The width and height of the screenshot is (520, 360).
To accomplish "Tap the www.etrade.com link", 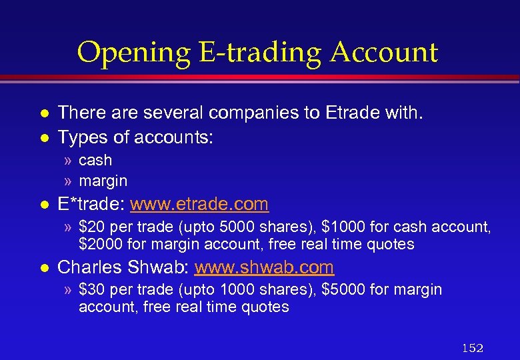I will [x=199, y=204].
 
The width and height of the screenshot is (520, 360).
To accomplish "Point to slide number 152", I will [x=472, y=348].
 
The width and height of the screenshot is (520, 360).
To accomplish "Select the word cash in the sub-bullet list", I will [x=95, y=161].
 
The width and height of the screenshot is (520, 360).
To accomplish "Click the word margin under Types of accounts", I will [x=103, y=181].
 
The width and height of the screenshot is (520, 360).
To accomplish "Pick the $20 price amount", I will [x=91, y=227].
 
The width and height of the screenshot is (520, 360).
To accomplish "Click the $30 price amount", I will [x=91, y=290].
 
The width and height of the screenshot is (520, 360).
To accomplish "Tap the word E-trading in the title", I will [x=253, y=53].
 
